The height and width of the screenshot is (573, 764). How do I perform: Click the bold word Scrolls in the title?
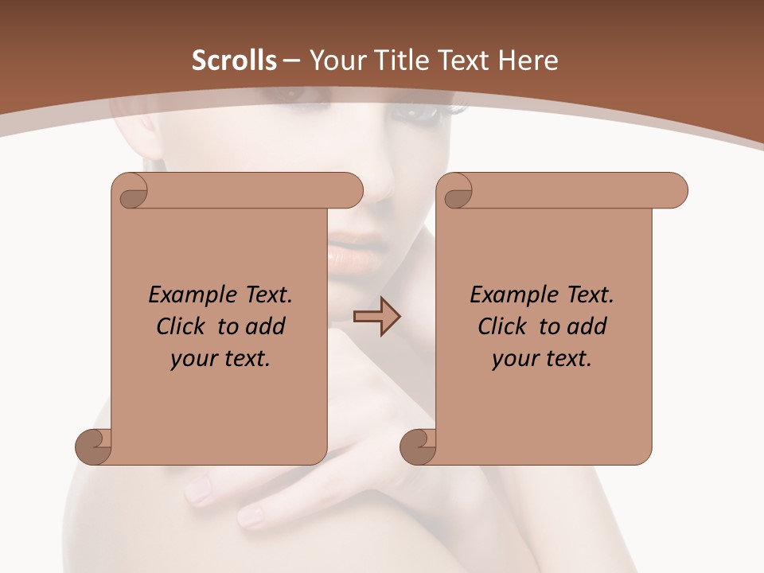(x=234, y=60)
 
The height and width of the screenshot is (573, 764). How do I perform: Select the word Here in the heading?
(x=528, y=60)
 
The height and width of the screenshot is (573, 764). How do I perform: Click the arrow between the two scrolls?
(x=376, y=317)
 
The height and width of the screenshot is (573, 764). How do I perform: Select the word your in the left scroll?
(x=191, y=359)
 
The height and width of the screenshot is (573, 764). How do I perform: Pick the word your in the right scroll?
(x=513, y=359)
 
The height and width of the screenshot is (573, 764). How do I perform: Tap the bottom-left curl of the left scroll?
(x=94, y=446)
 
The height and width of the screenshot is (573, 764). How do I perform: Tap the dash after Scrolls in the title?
(x=291, y=60)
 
